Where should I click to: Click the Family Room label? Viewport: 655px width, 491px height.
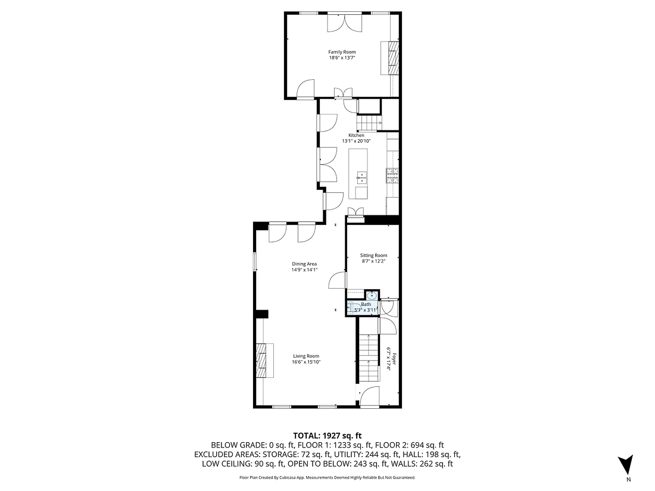(342, 52)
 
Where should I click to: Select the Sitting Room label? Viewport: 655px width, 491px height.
(373, 255)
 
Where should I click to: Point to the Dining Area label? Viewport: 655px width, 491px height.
(304, 264)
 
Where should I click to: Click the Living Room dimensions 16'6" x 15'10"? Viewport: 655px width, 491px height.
(306, 362)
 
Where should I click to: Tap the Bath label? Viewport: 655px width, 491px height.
(366, 305)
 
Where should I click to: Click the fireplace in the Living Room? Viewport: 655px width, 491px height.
(263, 361)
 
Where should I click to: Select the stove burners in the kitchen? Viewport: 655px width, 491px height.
(392, 175)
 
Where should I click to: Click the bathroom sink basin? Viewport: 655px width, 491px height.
(372, 295)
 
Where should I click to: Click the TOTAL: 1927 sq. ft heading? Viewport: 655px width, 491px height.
(327, 435)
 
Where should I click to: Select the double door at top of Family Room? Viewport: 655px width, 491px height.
(344, 23)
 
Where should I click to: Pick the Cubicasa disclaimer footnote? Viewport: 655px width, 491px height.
(327, 477)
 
